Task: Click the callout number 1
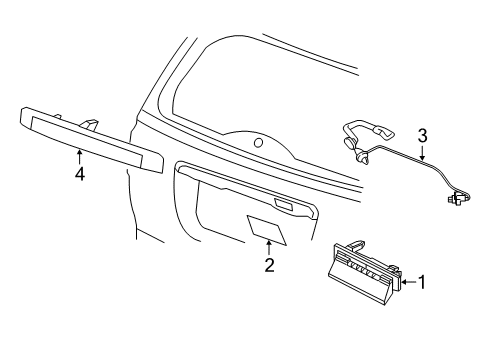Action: (x=422, y=282)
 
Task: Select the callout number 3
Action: (x=422, y=135)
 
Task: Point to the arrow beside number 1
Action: (x=407, y=282)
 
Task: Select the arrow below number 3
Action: (x=422, y=153)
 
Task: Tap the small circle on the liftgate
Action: (x=259, y=143)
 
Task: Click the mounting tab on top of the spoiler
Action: (x=91, y=123)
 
